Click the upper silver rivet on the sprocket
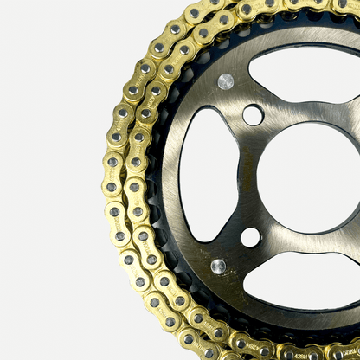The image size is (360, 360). (226, 81)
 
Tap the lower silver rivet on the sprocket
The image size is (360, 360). (218, 267)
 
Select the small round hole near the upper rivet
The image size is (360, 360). (253, 114)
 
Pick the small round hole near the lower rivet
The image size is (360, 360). (250, 236)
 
